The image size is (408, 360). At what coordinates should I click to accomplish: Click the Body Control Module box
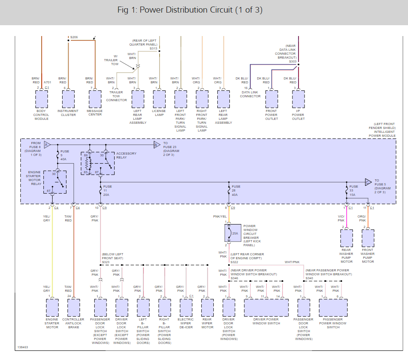tap(41, 99)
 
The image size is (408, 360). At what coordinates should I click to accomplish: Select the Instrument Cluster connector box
tap(68, 99)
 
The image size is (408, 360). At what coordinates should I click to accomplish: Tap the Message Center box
tap(95, 99)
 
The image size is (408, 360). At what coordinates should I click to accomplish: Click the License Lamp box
tap(159, 99)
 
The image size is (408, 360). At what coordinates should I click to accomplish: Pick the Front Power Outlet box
tap(272, 99)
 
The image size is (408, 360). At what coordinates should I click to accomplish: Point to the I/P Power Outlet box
tap(298, 99)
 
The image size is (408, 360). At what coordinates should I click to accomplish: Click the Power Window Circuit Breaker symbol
tap(232, 233)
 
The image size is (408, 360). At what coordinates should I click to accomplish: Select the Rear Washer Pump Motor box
tap(347, 238)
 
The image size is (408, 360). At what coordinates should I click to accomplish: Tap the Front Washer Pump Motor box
tap(368, 238)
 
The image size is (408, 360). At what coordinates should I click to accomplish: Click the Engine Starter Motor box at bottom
tap(52, 307)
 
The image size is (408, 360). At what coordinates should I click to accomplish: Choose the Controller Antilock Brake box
tap(73, 307)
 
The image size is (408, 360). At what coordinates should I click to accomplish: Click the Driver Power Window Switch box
tap(266, 307)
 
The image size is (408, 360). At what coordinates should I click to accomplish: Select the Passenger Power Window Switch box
tap(333, 307)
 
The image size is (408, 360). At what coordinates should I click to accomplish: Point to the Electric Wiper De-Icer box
tap(186, 307)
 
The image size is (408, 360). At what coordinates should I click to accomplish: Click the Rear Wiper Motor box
tap(207, 307)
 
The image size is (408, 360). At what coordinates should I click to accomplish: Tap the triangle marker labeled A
tap(47, 145)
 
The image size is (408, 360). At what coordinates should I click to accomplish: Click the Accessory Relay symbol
tap(98, 163)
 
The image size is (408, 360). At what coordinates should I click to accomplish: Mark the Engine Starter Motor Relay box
tap(55, 182)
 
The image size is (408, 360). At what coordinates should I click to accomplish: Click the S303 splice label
tap(293, 62)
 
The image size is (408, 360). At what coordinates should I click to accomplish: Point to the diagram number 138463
tap(23, 347)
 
